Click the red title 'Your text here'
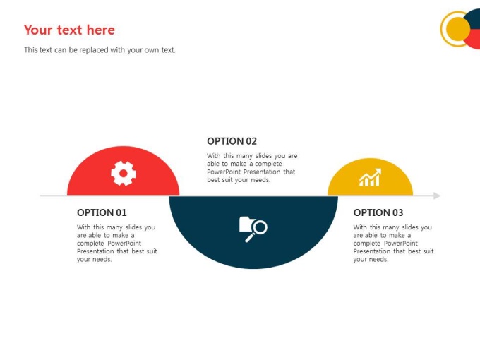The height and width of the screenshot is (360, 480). [69, 30]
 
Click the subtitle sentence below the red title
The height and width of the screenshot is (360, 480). [100, 50]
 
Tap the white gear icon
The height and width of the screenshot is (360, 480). [124, 173]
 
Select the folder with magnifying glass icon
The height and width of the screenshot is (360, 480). [253, 229]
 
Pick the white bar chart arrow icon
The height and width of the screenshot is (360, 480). [371, 177]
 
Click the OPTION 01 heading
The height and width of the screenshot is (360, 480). [102, 212]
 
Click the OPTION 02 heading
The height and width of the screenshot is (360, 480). [232, 141]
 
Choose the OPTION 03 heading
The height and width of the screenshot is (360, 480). [378, 212]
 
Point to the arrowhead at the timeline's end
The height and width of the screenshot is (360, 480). [437, 196]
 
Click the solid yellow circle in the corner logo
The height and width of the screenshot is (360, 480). [458, 29]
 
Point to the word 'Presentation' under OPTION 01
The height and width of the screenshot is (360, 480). [95, 251]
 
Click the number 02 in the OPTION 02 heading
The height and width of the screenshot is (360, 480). [251, 141]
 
